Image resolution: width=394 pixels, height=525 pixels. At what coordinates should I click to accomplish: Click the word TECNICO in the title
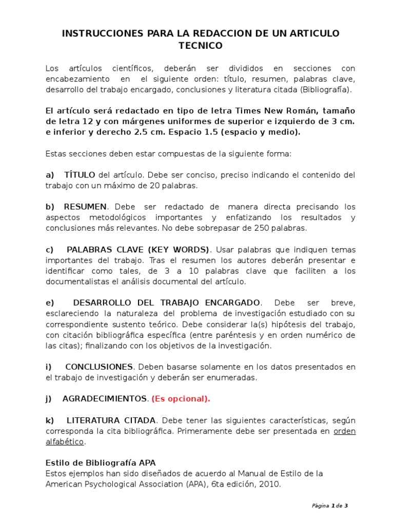click(x=200, y=46)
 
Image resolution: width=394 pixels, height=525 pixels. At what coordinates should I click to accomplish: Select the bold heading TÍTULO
click(x=80, y=175)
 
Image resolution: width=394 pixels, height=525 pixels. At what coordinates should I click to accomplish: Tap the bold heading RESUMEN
click(x=85, y=207)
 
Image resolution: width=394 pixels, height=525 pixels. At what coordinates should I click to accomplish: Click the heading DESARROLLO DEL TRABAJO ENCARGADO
click(x=167, y=302)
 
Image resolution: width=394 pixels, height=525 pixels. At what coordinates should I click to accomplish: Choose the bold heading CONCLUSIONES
click(x=99, y=367)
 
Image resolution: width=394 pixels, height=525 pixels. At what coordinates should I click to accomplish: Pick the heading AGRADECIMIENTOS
click(x=105, y=398)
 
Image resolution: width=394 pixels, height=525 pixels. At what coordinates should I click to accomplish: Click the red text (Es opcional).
click(x=181, y=398)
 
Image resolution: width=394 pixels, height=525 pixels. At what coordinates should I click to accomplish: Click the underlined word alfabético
click(x=65, y=441)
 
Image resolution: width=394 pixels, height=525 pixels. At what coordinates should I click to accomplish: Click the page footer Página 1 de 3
click(x=330, y=506)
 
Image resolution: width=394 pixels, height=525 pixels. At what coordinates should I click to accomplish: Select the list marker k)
click(x=50, y=420)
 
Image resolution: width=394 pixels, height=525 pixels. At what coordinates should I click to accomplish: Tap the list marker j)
click(x=49, y=398)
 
